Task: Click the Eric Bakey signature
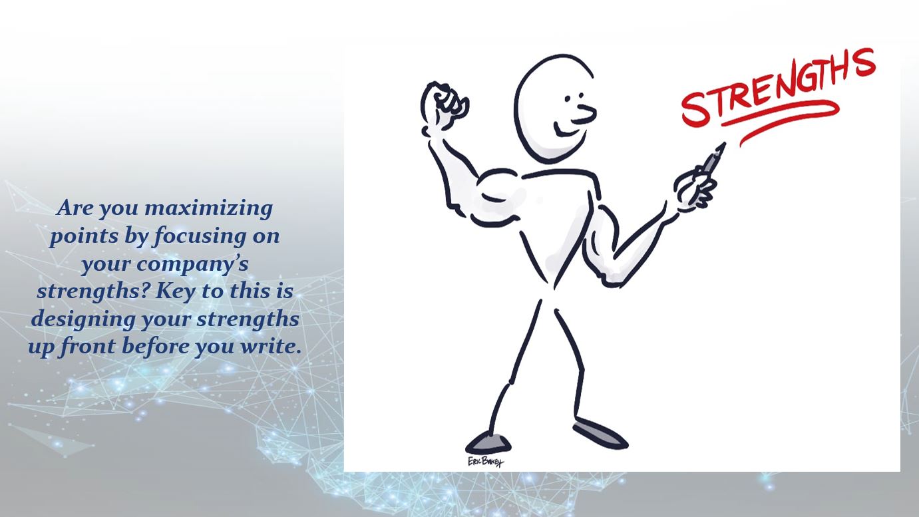pyautogui.click(x=486, y=462)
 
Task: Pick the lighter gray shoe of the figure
pyautogui.click(x=488, y=442)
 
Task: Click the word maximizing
pyautogui.click(x=209, y=208)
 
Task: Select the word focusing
pyautogui.click(x=199, y=236)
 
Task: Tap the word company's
pyautogui.click(x=192, y=264)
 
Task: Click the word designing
pyautogui.click(x=83, y=319)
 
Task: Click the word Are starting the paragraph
pyautogui.click(x=75, y=208)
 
